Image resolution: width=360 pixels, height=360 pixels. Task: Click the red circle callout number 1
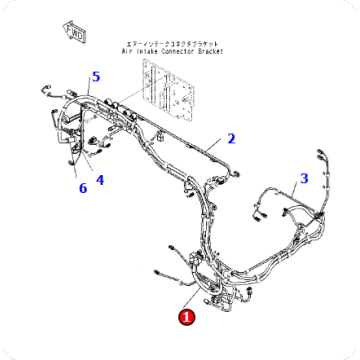tap(186, 318)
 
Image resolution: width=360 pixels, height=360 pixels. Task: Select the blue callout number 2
tap(231, 139)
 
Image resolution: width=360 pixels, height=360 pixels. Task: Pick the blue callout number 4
tap(100, 180)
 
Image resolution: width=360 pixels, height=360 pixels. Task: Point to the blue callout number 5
tap(96, 76)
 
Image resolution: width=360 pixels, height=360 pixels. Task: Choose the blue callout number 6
tap(82, 188)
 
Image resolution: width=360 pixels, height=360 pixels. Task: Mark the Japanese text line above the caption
tap(195, 44)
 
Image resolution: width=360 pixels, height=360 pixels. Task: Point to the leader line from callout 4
tap(93, 168)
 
